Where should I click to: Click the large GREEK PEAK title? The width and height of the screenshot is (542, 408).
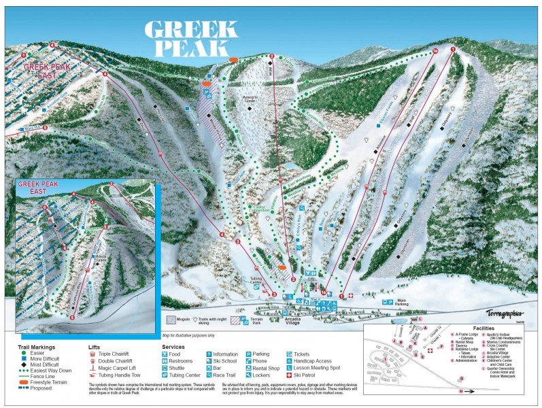(x=191, y=39)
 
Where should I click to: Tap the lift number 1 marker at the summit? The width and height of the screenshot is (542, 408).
(x=453, y=49)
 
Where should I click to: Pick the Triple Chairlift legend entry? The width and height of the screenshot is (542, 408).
(x=114, y=354)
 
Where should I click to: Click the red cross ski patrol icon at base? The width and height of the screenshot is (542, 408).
(x=350, y=296)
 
